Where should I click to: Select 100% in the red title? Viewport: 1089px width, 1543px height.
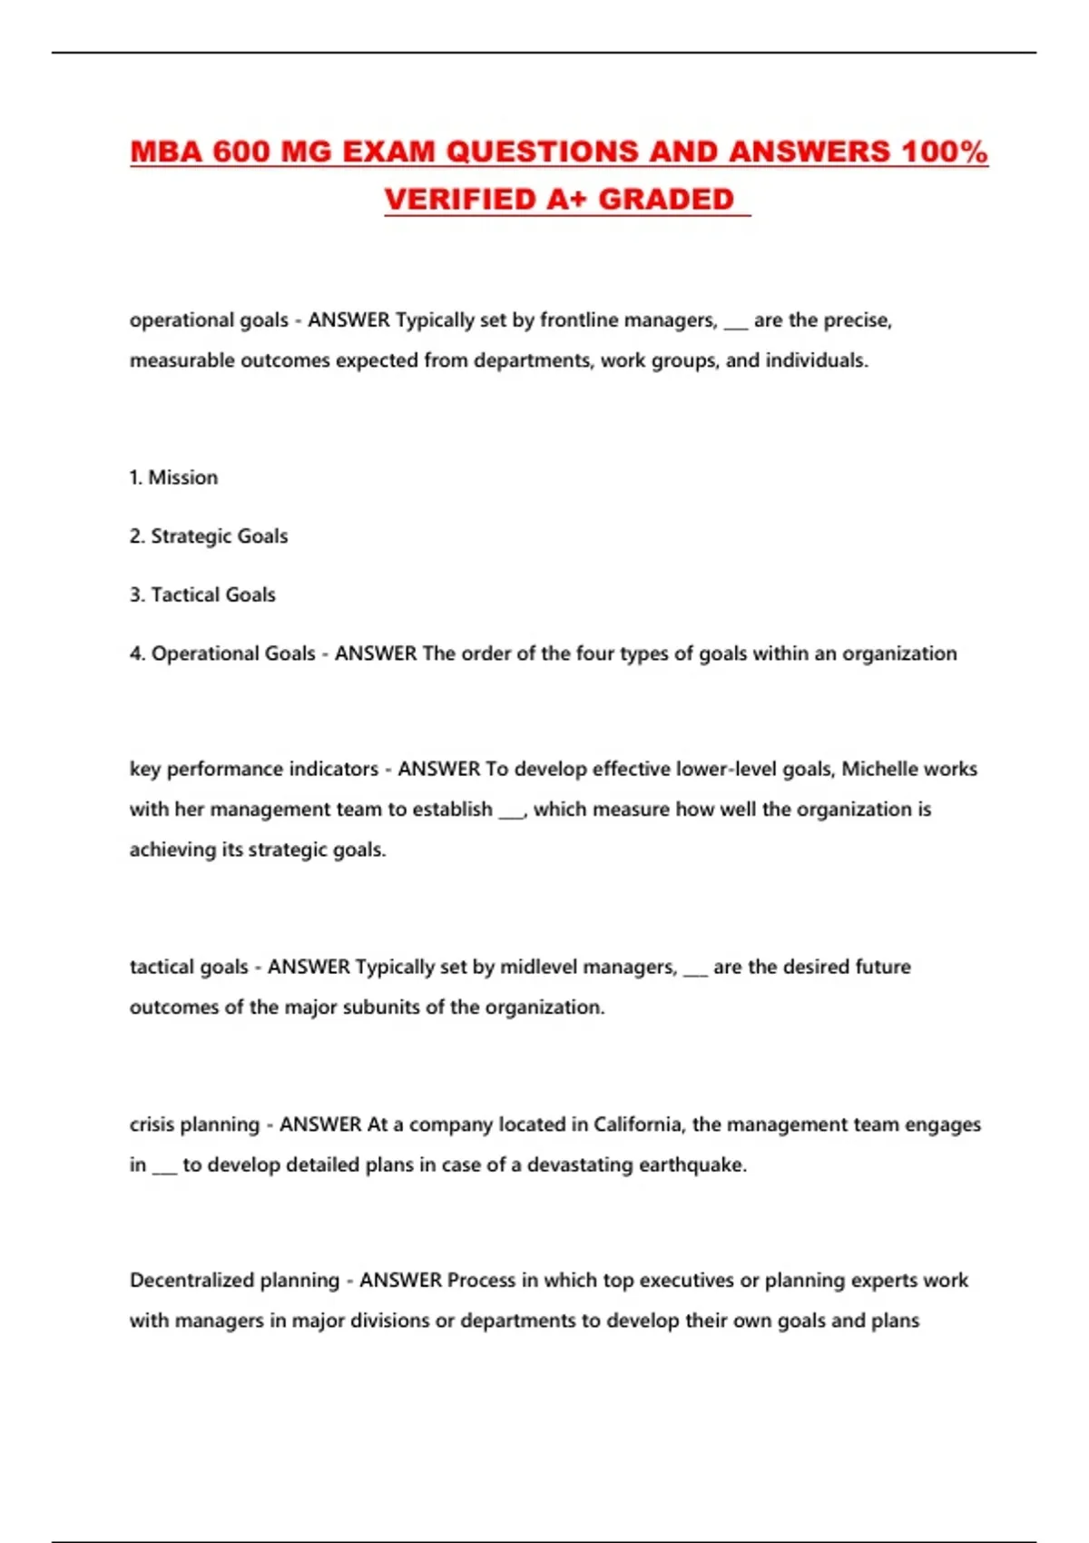click(945, 152)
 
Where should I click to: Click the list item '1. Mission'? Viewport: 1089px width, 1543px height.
click(173, 477)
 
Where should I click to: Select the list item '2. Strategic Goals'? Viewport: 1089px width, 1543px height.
click(209, 536)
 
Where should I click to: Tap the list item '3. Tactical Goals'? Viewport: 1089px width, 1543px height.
click(202, 595)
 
